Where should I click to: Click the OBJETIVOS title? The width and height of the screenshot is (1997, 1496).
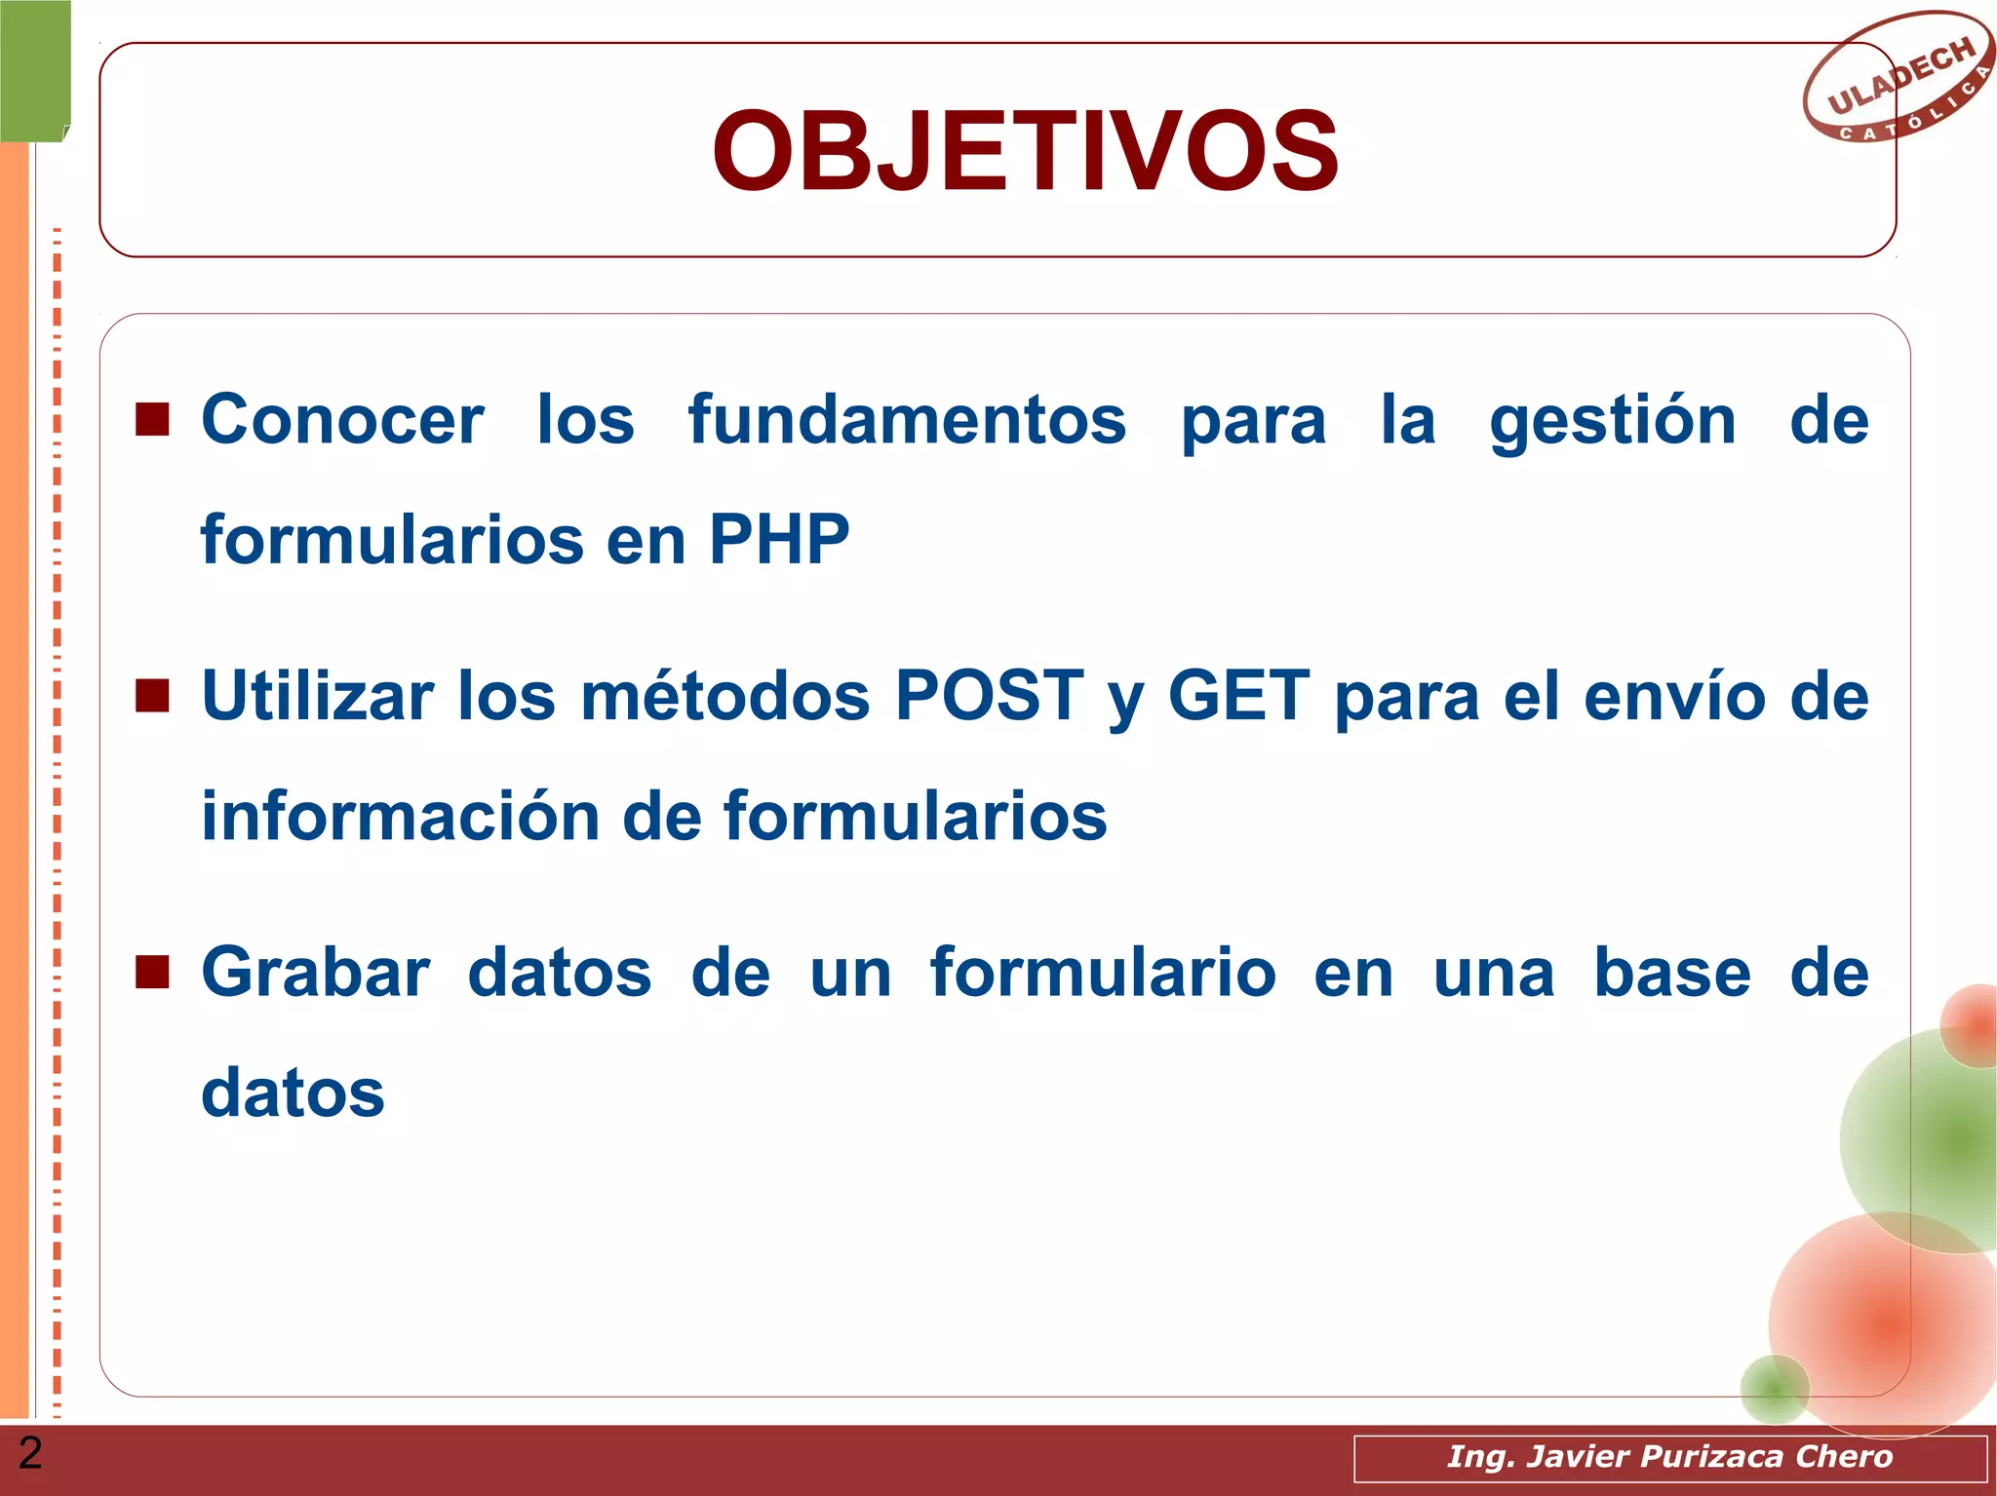(1025, 152)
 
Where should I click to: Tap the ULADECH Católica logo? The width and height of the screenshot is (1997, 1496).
(1898, 78)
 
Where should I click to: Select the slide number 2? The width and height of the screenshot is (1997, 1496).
(30, 1453)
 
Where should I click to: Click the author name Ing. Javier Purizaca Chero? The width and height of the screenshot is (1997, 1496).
(1669, 1456)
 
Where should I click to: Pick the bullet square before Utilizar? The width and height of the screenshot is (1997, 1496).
(152, 696)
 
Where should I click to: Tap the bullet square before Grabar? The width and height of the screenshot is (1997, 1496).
(152, 972)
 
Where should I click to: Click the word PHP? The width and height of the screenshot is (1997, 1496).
(778, 540)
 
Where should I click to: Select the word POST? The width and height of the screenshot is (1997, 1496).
(989, 696)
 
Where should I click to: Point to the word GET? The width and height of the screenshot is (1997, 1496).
(1238, 696)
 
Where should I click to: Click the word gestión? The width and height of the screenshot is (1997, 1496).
(1613, 421)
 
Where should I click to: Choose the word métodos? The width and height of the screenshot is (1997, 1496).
(724, 696)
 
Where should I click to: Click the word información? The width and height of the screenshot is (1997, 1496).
(400, 816)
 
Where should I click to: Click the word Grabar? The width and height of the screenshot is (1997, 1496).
(316, 973)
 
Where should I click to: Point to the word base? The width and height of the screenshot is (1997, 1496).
(1671, 973)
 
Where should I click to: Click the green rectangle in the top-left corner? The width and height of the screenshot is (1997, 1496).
(35, 70)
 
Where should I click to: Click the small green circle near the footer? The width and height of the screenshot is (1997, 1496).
(1774, 1389)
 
